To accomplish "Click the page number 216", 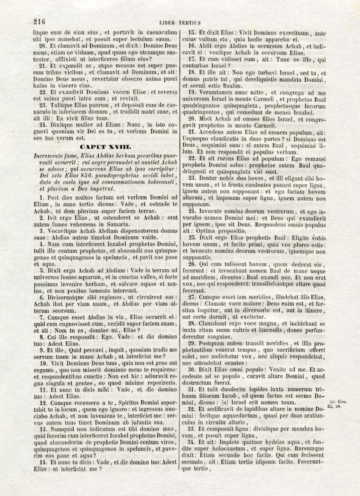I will (x=39, y=22).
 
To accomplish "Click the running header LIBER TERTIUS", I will (x=180, y=23).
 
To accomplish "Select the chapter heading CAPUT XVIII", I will (x=105, y=147).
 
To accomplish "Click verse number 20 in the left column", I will (x=43, y=46).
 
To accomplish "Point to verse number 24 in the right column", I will (x=192, y=212).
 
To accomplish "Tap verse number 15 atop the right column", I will (x=192, y=33).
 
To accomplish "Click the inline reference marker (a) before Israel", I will (x=225, y=403).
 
